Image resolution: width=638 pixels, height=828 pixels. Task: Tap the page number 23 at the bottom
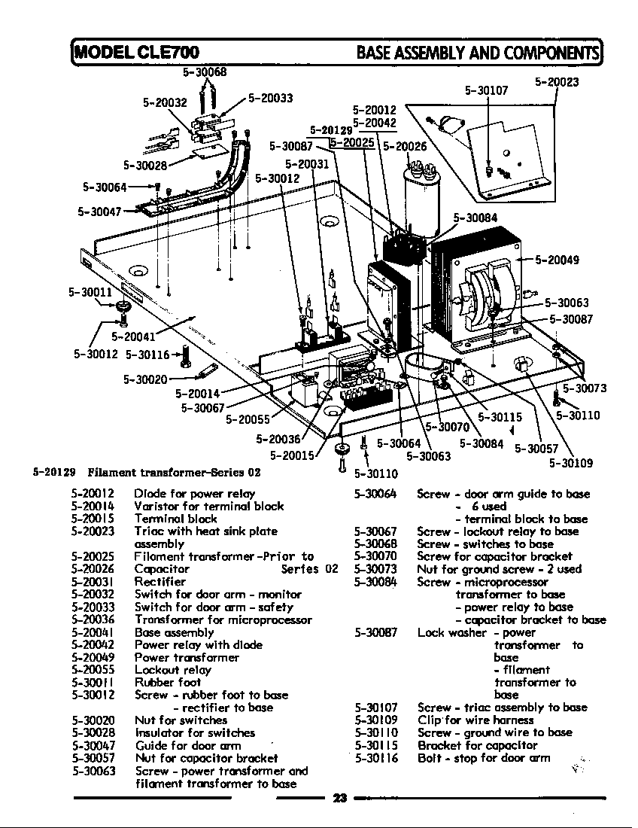[338, 799]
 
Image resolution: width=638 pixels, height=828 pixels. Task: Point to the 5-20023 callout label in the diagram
[557, 82]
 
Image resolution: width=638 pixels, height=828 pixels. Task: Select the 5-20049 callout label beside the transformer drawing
[557, 260]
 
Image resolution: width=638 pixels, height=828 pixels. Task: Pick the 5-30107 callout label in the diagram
[486, 90]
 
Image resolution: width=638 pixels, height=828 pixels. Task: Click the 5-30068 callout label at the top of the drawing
[205, 72]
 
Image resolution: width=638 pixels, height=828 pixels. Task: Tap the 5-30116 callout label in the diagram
[147, 354]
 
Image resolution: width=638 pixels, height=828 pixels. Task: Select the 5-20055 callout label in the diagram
[248, 420]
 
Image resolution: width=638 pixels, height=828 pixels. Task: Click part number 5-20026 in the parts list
[93, 569]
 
